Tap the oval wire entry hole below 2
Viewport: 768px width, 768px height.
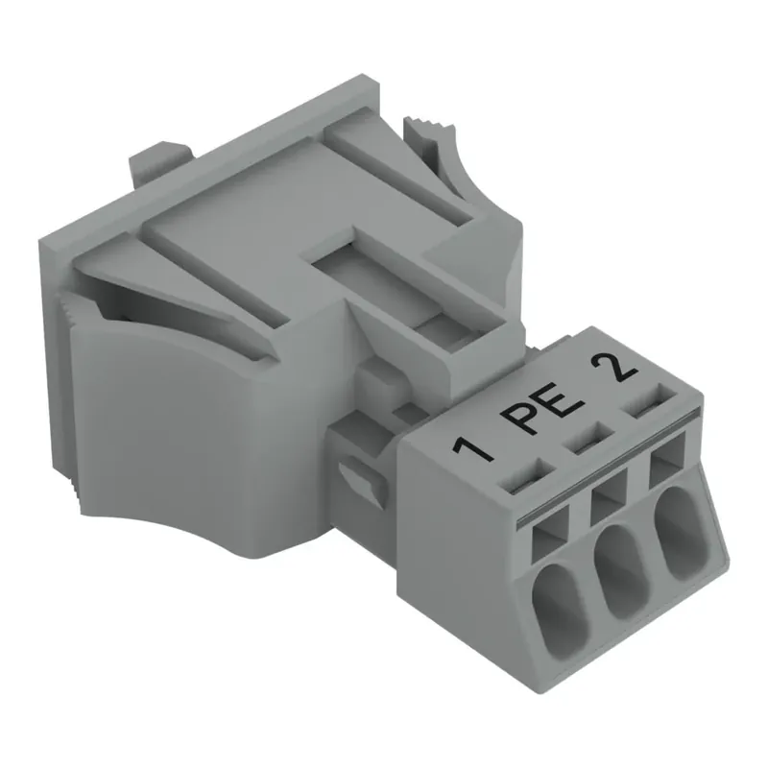[x=677, y=530]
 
